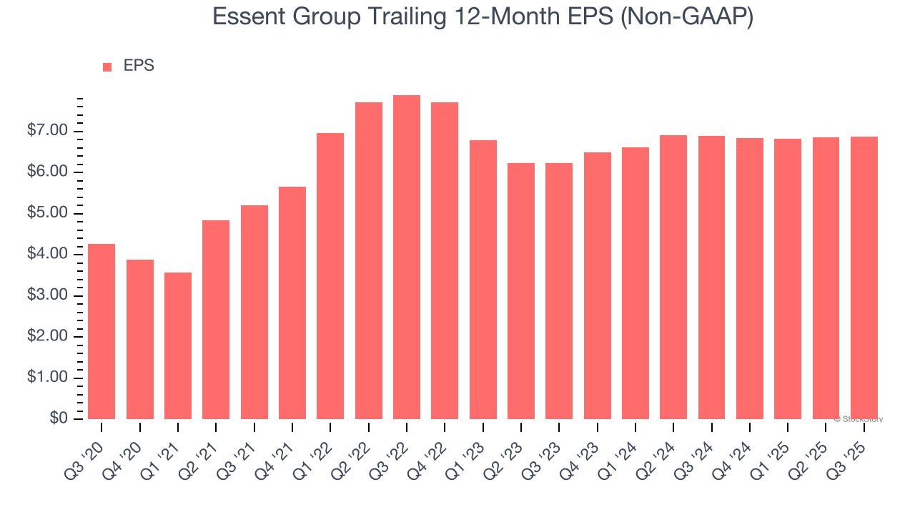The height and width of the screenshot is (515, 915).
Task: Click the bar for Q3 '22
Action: pyautogui.click(x=407, y=257)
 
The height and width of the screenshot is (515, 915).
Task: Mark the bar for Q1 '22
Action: pyautogui.click(x=330, y=276)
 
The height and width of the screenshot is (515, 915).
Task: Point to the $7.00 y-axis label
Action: pyautogui.click(x=47, y=131)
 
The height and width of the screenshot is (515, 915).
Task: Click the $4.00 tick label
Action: pyautogui.click(x=47, y=255)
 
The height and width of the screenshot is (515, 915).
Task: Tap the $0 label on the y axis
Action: pyautogui.click(x=58, y=419)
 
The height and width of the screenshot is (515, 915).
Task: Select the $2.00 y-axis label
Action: pyautogui.click(x=47, y=337)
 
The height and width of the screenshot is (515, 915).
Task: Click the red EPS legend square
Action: pyautogui.click(x=107, y=67)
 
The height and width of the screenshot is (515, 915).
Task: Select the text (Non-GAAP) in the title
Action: pyautogui.click(x=686, y=16)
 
